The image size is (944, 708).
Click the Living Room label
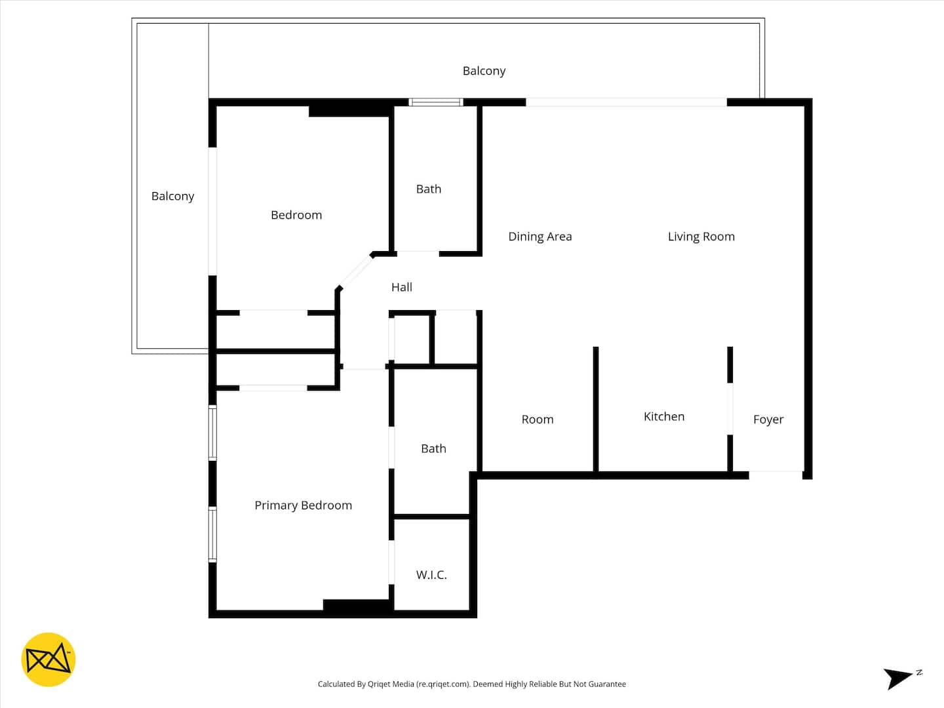701,237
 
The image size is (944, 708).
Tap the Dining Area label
540,237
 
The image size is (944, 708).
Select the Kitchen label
664,416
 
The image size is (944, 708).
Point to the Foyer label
768,419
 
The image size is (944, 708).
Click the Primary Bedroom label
304,505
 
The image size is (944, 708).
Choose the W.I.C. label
431,575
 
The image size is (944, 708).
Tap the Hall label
402,287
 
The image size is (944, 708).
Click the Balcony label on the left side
172,197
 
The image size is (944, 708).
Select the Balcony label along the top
484,71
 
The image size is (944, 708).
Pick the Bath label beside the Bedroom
428,189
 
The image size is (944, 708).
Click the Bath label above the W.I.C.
433,449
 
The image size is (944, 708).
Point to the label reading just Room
537,419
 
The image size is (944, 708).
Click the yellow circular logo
48,659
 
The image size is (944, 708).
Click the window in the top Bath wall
436,102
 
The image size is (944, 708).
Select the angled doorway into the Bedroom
355,272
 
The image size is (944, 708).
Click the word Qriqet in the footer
380,684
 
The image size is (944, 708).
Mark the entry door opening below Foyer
776,475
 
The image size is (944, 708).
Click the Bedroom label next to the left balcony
296,215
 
